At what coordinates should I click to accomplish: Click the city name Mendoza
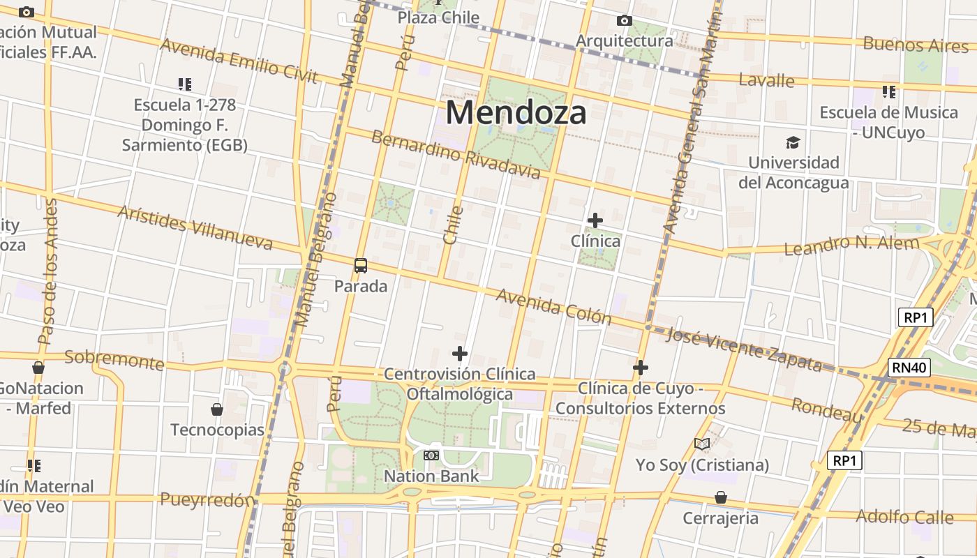(x=516, y=112)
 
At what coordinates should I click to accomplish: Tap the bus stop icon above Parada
(x=361, y=266)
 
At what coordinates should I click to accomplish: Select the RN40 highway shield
(x=909, y=368)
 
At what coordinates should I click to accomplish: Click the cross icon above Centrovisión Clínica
(x=460, y=354)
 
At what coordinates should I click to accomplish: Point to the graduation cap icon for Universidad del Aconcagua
(x=793, y=143)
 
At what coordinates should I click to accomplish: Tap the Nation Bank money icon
(x=431, y=455)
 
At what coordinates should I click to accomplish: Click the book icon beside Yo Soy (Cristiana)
(x=702, y=444)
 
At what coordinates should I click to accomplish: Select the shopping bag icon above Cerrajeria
(x=720, y=497)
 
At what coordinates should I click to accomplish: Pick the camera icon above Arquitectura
(x=625, y=21)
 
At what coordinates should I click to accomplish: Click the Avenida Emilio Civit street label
(x=239, y=61)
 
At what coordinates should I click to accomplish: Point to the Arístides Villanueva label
(x=195, y=227)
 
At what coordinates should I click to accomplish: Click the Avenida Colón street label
(x=553, y=307)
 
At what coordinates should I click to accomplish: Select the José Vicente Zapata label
(x=744, y=349)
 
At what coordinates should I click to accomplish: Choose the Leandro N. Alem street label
(x=852, y=246)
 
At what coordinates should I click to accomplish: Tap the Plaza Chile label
(x=438, y=17)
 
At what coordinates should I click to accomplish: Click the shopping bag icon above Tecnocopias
(x=217, y=409)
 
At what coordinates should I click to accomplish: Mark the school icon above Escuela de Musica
(x=888, y=91)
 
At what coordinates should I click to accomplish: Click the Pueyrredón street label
(x=207, y=500)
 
